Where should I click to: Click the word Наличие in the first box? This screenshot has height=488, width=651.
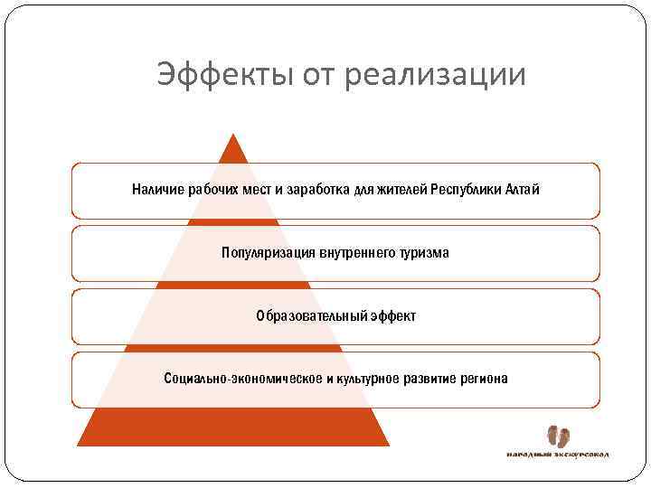tap(156, 190)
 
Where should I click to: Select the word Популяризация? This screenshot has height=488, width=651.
tap(267, 253)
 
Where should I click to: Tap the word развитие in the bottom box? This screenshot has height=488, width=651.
tap(432, 379)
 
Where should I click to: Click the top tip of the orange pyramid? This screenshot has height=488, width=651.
tap(233, 136)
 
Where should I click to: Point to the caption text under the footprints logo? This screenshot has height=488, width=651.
tap(556, 454)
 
